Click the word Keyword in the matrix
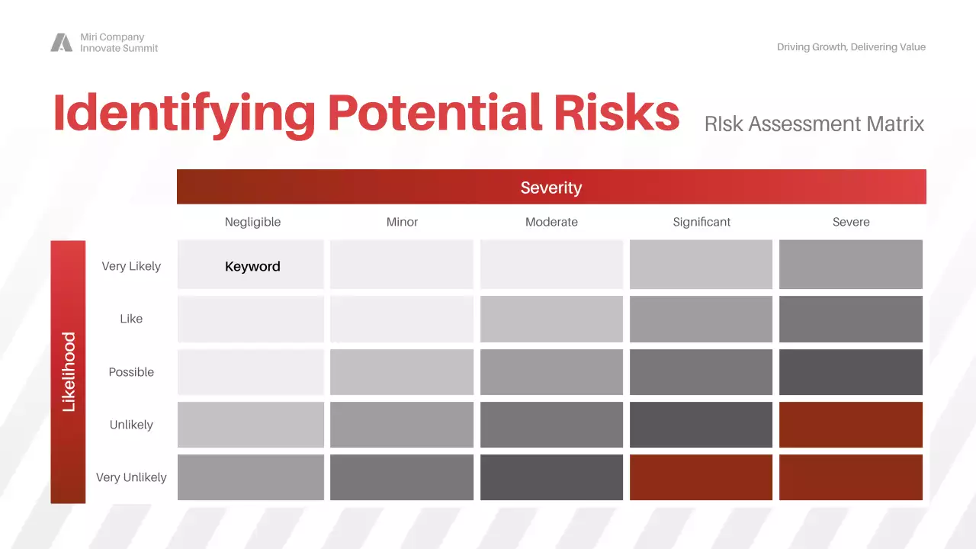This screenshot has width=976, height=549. (x=252, y=266)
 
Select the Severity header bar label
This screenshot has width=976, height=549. (x=551, y=188)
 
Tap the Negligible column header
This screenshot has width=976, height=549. (x=252, y=222)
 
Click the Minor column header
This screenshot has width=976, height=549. (x=402, y=222)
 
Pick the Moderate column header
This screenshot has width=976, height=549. (x=551, y=222)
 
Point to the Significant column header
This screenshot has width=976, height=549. (x=701, y=222)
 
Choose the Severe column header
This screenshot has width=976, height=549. (x=851, y=222)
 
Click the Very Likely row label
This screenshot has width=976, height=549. (x=131, y=266)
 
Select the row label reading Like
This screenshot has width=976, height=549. (x=131, y=319)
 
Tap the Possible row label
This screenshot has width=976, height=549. (x=131, y=372)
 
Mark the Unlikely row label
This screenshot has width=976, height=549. (x=131, y=425)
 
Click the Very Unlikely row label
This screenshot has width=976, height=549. (x=131, y=477)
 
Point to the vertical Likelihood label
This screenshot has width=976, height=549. (x=69, y=372)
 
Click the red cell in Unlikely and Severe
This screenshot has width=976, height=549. (x=851, y=425)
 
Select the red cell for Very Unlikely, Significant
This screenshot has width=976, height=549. (x=701, y=477)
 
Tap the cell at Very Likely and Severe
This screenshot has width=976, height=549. (x=851, y=265)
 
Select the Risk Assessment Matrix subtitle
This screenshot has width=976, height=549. (x=814, y=124)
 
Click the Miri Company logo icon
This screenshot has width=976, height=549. (x=62, y=43)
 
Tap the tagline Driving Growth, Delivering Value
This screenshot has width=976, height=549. (x=851, y=47)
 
